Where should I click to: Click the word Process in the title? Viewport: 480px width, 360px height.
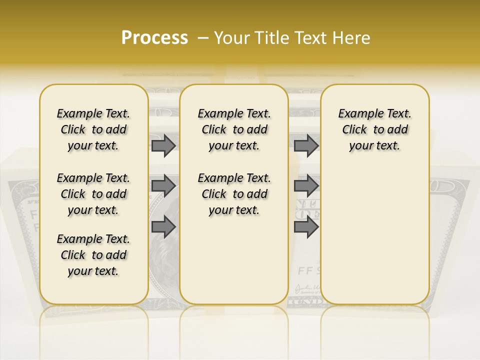154,37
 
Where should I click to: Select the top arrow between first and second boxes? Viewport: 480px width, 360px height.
163,145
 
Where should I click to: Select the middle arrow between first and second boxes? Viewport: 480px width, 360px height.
163,186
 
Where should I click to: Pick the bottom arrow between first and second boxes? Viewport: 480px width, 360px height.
163,227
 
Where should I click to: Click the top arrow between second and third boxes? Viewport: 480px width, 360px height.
306,145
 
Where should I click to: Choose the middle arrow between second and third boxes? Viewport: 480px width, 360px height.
306,186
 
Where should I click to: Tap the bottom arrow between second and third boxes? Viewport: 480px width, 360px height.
306,227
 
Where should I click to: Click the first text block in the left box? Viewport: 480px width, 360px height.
93,129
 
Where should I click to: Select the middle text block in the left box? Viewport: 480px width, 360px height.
93,194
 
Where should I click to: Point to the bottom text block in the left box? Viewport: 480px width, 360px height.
93,255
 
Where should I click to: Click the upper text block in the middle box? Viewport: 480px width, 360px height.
234,129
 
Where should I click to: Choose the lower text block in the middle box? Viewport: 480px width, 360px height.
234,194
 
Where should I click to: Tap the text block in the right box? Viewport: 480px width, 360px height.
374,129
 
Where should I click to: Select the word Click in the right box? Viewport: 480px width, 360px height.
354,130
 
